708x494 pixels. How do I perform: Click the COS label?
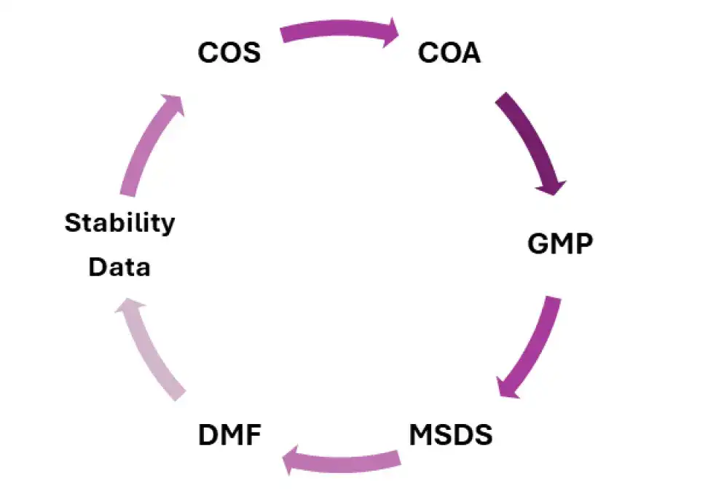pos(229,53)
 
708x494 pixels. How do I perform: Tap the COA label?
pos(449,53)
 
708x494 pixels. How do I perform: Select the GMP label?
pos(561,243)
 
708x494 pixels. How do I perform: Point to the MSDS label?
pos(451,435)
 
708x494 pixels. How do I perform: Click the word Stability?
pos(120,222)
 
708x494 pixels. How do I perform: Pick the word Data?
pos(119,267)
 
